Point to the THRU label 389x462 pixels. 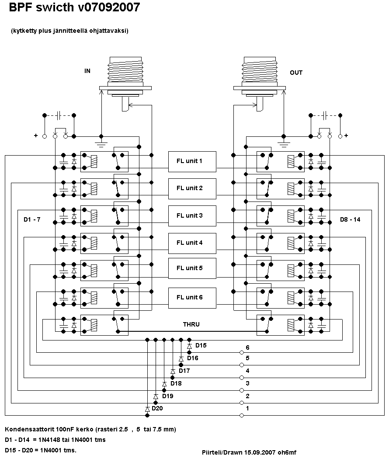[191, 324]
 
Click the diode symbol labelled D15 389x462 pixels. [189, 346]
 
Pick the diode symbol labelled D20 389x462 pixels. [147, 409]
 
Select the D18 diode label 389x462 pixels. [176, 383]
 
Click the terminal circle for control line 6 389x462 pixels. [242, 352]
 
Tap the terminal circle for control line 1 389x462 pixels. [242, 415]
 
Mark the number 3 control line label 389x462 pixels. [247, 383]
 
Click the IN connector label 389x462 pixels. [87, 70]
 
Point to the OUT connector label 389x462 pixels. [296, 73]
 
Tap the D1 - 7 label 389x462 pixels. [32, 219]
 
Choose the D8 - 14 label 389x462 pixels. [350, 219]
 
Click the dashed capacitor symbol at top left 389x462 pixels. [59, 115]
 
